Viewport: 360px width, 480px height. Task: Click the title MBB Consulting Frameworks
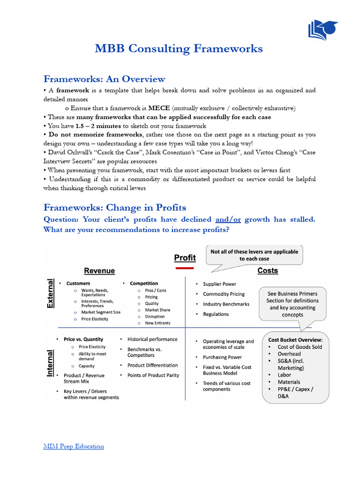[179, 49]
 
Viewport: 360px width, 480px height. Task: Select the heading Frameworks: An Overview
[104, 79]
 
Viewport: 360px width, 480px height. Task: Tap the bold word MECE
[158, 108]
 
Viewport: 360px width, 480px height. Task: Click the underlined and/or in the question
[228, 219]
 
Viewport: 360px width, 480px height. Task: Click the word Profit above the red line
[185, 257]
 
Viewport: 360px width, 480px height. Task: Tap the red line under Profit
[185, 268]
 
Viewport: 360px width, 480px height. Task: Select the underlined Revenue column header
[99, 271]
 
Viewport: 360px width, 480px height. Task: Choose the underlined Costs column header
[268, 270]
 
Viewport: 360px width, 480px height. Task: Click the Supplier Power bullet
[219, 284]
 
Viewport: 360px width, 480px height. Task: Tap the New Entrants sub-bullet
[157, 323]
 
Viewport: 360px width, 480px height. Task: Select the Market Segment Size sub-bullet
[100, 312]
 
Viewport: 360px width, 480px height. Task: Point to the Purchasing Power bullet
[222, 357]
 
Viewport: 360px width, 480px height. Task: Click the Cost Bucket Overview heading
[295, 339]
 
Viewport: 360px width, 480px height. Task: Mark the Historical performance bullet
[152, 339]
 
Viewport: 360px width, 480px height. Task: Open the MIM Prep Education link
[74, 446]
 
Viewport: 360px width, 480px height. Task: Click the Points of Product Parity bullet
[153, 375]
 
